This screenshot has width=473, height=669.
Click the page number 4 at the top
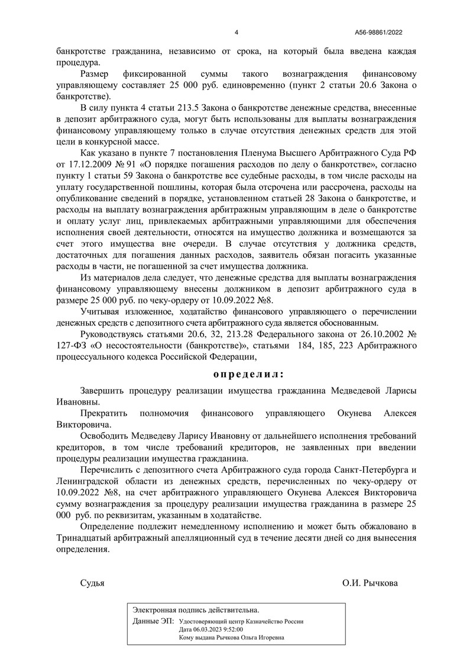[237, 33]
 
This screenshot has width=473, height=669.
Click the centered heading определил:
[248, 374]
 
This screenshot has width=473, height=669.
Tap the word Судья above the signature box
[92, 583]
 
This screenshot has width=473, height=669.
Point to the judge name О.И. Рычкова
[370, 583]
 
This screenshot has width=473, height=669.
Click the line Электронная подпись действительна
[196, 609]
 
